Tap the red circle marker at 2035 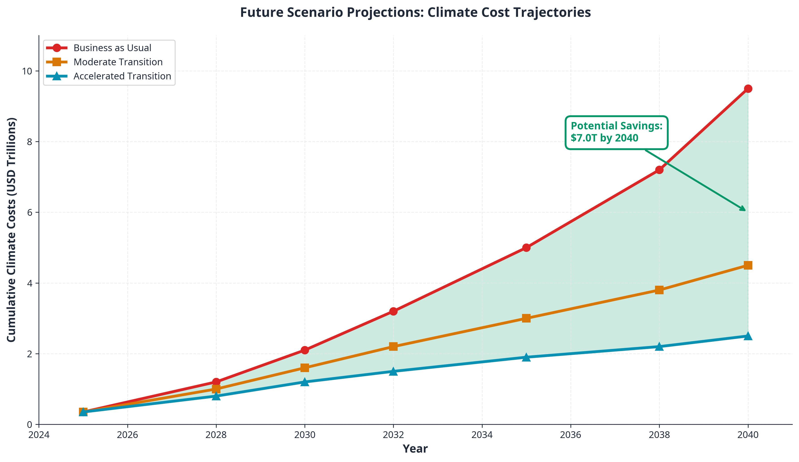click(526, 248)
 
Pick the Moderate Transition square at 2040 click(748, 265)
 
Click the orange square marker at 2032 click(393, 346)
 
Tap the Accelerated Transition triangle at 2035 click(526, 357)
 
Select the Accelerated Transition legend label click(122, 76)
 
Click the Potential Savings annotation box click(616, 132)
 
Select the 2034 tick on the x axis click(482, 435)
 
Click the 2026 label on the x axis click(127, 435)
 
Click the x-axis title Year click(415, 449)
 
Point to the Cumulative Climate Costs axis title click(11, 230)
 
